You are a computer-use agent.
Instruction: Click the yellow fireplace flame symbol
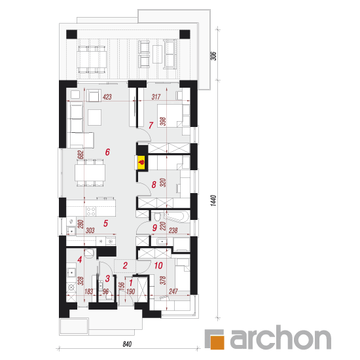tap(141, 162)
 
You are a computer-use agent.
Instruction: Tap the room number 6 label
tap(107, 152)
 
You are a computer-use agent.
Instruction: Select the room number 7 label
tap(151, 126)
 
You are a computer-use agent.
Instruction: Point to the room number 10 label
tap(158, 266)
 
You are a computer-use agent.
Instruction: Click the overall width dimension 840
tap(127, 344)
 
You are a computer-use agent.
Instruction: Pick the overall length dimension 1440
tap(213, 200)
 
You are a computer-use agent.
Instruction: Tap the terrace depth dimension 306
tap(213, 56)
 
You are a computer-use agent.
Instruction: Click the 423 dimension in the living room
tap(107, 97)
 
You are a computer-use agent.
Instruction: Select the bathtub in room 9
tap(176, 217)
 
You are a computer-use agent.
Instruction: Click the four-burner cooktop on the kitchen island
tap(91, 211)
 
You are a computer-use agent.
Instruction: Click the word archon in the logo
tap(281, 338)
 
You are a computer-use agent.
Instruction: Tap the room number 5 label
tap(105, 223)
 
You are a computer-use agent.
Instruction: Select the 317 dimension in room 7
tap(156, 97)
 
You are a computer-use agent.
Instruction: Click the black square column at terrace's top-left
tap(71, 35)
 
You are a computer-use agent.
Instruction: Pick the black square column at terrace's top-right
tap(185, 35)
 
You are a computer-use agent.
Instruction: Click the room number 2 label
tap(125, 266)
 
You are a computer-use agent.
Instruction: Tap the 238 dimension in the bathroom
tap(173, 230)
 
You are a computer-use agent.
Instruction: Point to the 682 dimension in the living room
tap(81, 155)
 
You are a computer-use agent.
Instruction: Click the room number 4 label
tap(80, 260)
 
